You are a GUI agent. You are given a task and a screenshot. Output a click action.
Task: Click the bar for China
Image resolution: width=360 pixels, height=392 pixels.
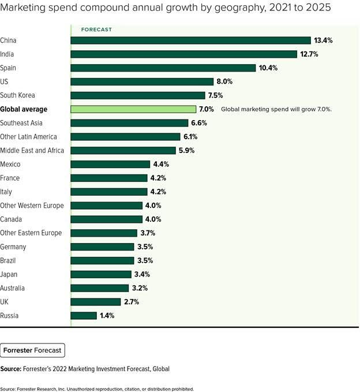pyautogui.click(x=190, y=40)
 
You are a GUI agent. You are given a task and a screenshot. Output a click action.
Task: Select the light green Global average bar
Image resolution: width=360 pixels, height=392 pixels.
pyautogui.click(x=133, y=109)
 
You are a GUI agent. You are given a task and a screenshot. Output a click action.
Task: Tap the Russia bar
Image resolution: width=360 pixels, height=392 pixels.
pyautogui.click(x=84, y=315)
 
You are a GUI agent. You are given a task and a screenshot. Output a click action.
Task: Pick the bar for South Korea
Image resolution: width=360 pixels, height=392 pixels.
pyautogui.click(x=138, y=95)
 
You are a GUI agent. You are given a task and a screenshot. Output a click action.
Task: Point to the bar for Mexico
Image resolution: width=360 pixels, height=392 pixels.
pyautogui.click(x=110, y=165)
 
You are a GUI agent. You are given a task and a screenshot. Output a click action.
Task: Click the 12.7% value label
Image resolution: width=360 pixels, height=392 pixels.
pyautogui.click(x=309, y=54)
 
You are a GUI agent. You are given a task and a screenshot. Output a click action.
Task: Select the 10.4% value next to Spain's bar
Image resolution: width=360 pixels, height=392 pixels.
pyautogui.click(x=268, y=68)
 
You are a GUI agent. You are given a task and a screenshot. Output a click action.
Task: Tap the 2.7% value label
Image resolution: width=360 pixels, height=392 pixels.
pyautogui.click(x=132, y=302)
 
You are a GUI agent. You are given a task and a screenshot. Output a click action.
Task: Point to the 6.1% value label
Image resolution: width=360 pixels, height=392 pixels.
pyautogui.click(x=190, y=137)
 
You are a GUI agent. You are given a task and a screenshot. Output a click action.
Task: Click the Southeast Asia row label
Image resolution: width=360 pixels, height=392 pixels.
pyautogui.click(x=21, y=123)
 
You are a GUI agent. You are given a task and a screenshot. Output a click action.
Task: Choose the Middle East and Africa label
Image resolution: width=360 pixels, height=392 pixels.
pyautogui.click(x=32, y=151)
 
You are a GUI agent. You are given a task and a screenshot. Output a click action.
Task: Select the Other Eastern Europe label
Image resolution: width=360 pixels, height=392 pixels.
pyautogui.click(x=31, y=233)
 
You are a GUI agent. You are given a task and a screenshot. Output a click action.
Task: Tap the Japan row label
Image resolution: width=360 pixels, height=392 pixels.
pyautogui.click(x=9, y=274)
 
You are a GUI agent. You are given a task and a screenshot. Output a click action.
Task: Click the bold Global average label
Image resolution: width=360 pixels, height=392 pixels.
pyautogui.click(x=24, y=109)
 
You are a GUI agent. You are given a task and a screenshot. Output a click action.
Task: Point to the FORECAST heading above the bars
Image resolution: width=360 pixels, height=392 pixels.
pyautogui.click(x=96, y=29)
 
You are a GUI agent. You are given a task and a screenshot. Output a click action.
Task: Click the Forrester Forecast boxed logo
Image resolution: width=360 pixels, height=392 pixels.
pyautogui.click(x=32, y=350)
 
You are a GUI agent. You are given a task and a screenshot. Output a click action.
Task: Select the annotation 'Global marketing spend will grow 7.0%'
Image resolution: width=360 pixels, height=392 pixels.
pyautogui.click(x=276, y=109)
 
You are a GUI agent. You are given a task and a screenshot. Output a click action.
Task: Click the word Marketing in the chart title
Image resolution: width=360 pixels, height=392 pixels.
pyautogui.click(x=23, y=8)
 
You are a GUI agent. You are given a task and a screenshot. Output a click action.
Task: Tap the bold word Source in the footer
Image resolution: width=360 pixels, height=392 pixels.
pyautogui.click(x=11, y=369)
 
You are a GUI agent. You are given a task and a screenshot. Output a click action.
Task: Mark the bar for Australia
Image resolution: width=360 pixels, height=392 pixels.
pyautogui.click(x=100, y=288)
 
